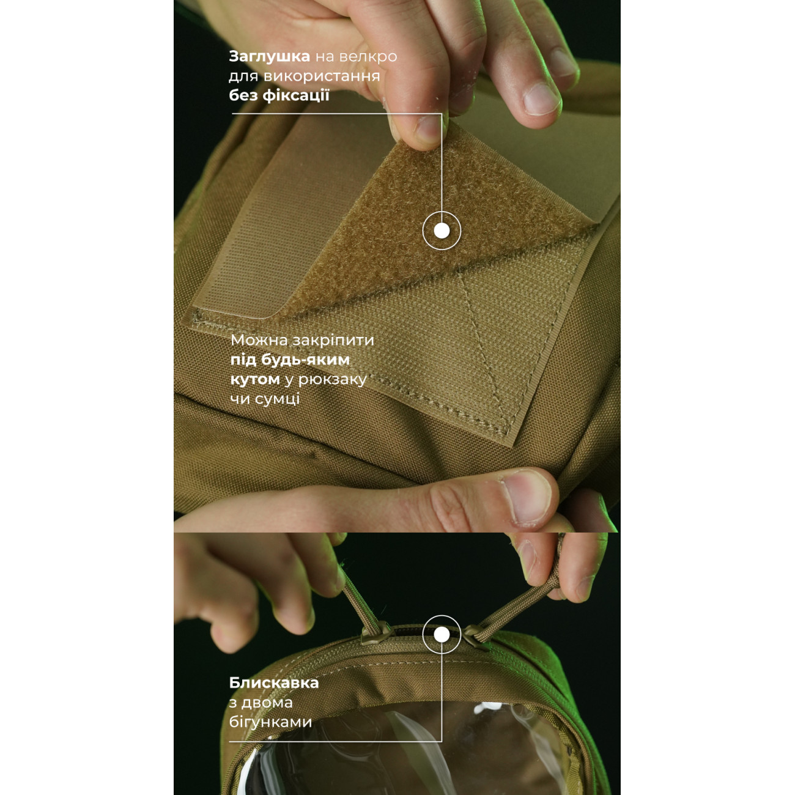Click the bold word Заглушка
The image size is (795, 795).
pyautogui.click(x=270, y=56)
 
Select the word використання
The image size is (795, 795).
pyautogui.click(x=322, y=76)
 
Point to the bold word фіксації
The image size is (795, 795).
pyautogui.click(x=296, y=95)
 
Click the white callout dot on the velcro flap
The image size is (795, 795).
pyautogui.click(x=442, y=231)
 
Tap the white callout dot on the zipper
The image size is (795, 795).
pyautogui.click(x=442, y=635)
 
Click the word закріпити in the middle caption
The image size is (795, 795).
pyautogui.click(x=333, y=341)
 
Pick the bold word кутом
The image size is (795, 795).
pyautogui.click(x=255, y=379)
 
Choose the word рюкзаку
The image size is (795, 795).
pyautogui.click(x=332, y=380)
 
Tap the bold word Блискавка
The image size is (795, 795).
pyautogui.click(x=274, y=683)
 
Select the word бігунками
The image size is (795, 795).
pyautogui.click(x=270, y=722)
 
